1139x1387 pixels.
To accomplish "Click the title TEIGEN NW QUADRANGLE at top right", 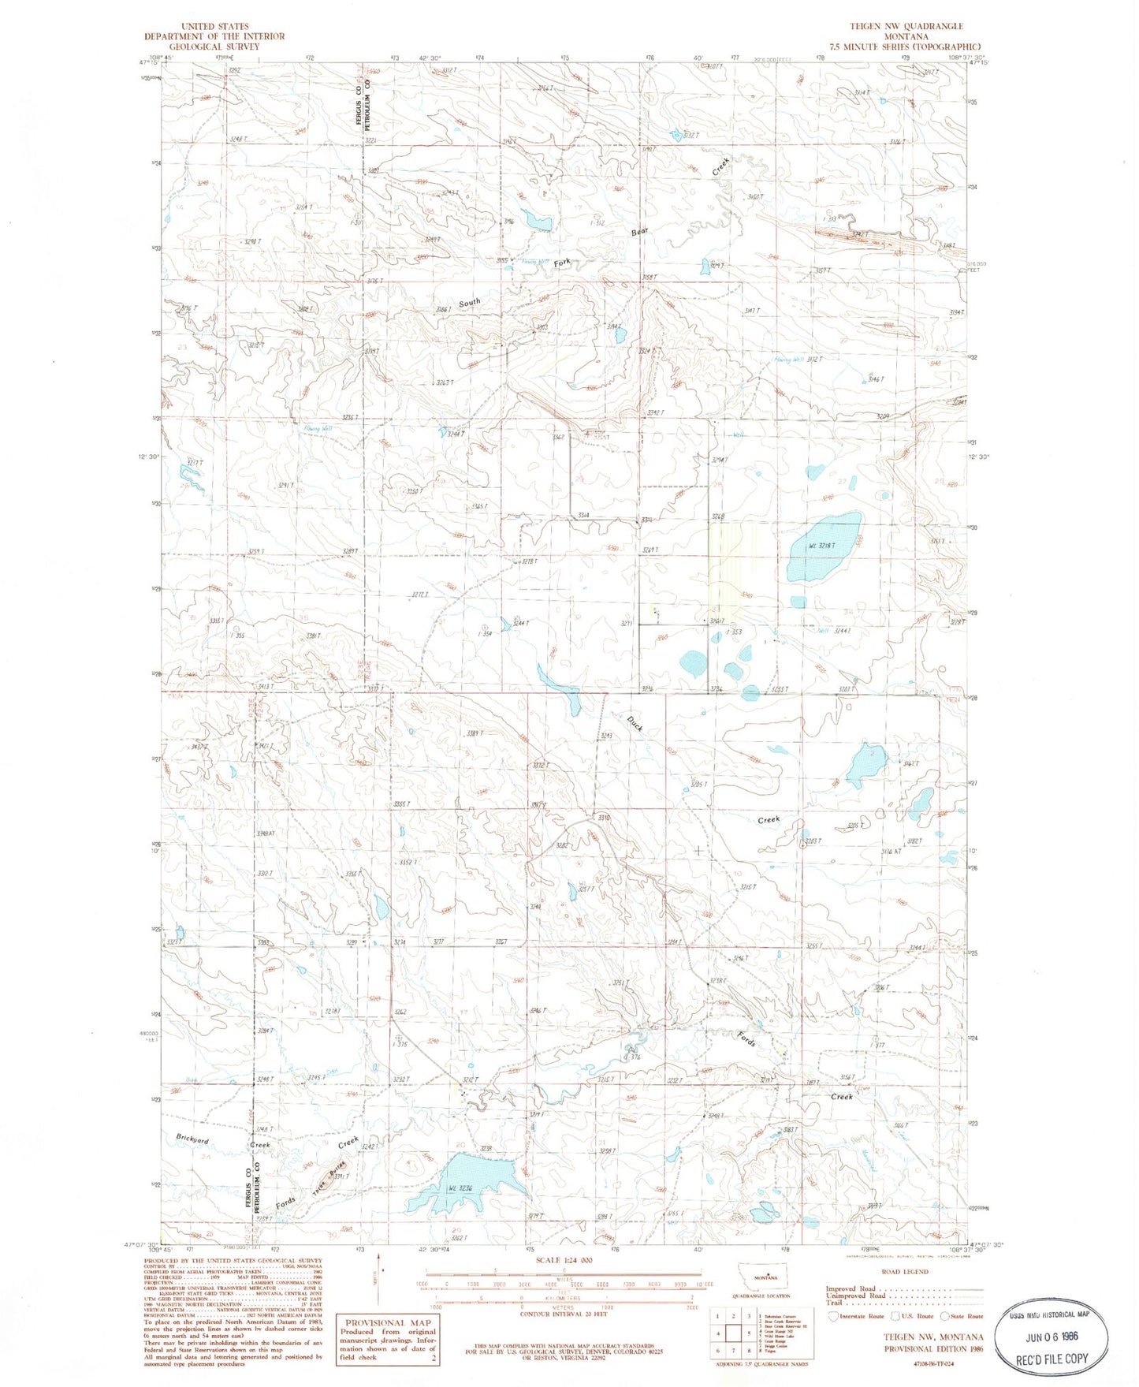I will click(x=906, y=26).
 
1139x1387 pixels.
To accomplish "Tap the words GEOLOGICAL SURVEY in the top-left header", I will click(x=214, y=47).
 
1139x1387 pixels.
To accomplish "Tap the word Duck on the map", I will click(x=635, y=723).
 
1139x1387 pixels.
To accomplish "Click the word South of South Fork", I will click(x=469, y=302).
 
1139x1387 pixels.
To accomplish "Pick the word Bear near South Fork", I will click(x=638, y=232).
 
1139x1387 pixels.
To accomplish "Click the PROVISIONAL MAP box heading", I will click(x=387, y=1322).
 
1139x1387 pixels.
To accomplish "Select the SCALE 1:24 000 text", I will click(x=564, y=1260).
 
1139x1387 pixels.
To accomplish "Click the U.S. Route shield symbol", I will click(x=896, y=1316).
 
